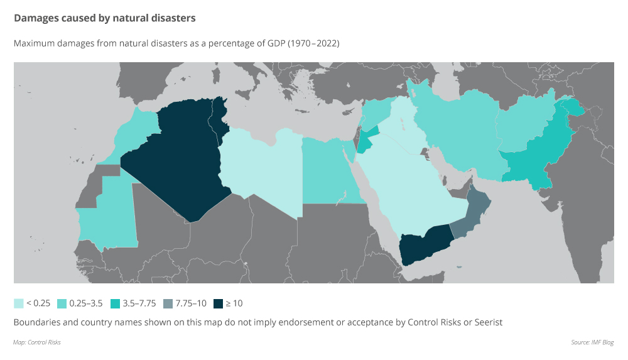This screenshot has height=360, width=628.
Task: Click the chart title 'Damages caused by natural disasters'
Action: tap(105, 18)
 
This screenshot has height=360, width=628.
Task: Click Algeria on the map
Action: tap(173, 157)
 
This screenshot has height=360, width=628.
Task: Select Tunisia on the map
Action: tap(220, 116)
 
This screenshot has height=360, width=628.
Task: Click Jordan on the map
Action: tap(367, 141)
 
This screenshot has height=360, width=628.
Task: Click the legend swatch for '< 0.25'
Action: tap(18, 303)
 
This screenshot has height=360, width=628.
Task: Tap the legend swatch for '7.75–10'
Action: tap(168, 303)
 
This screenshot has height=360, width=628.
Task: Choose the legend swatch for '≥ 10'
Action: tap(218, 303)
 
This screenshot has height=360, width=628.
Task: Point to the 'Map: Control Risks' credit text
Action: tap(36, 342)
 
